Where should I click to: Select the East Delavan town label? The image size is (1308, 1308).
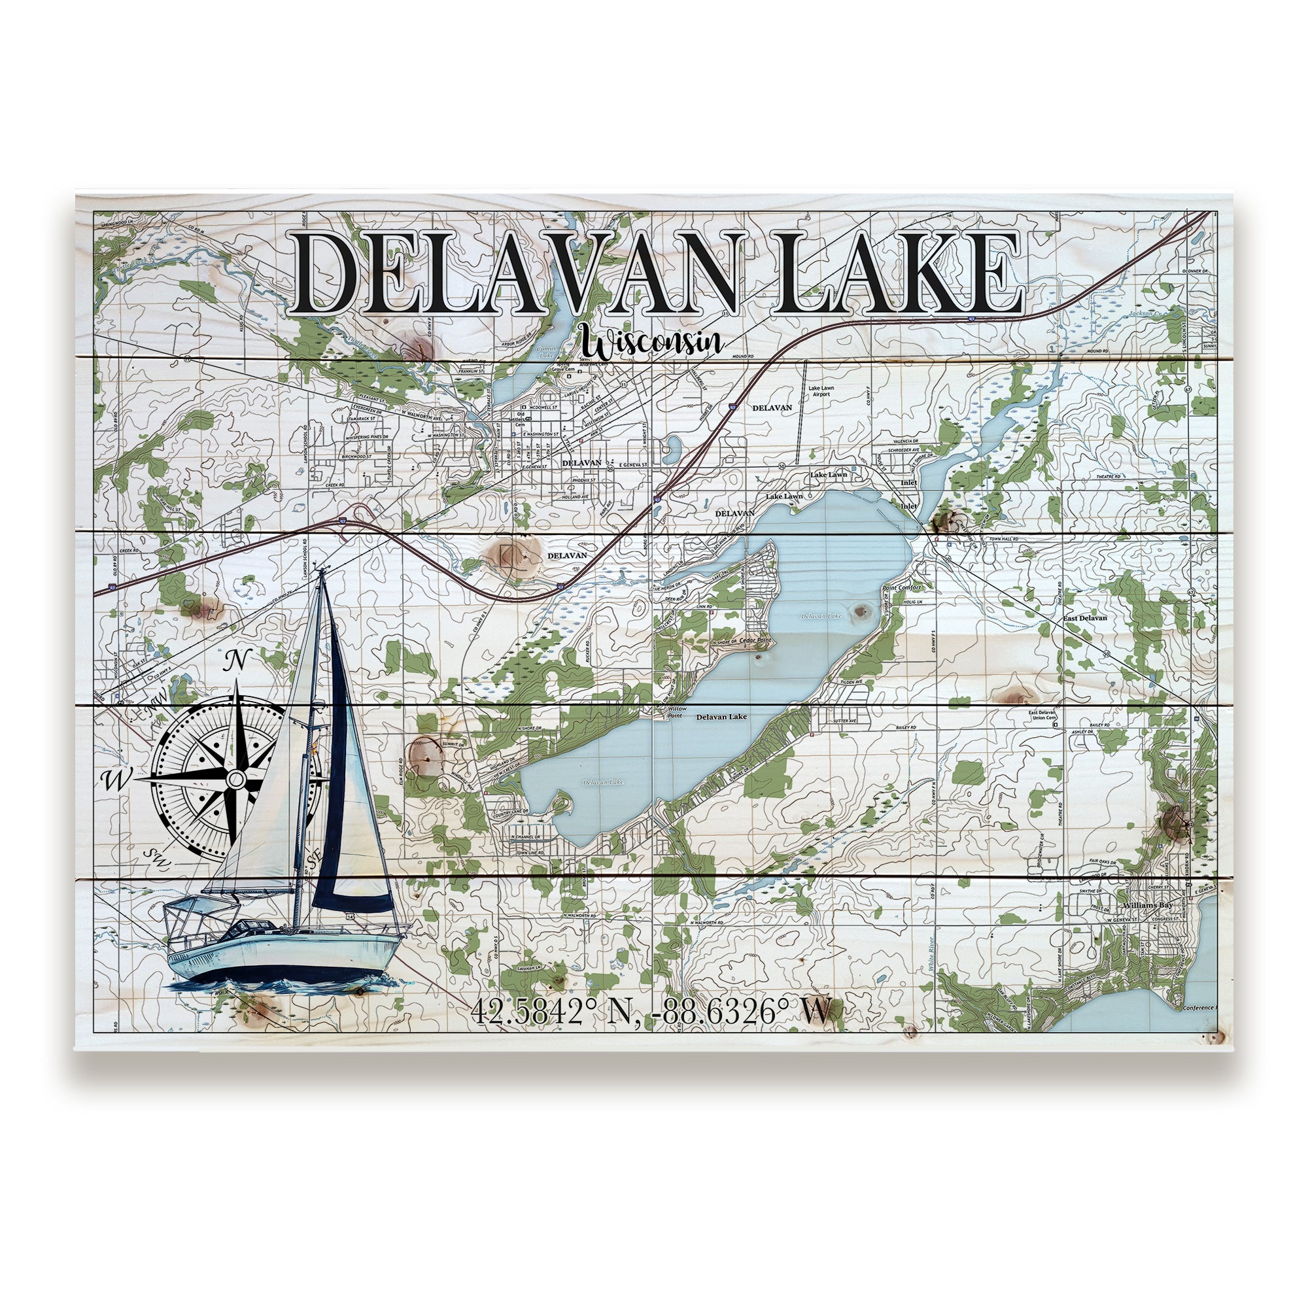(1084, 618)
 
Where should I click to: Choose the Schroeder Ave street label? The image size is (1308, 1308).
(905, 449)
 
